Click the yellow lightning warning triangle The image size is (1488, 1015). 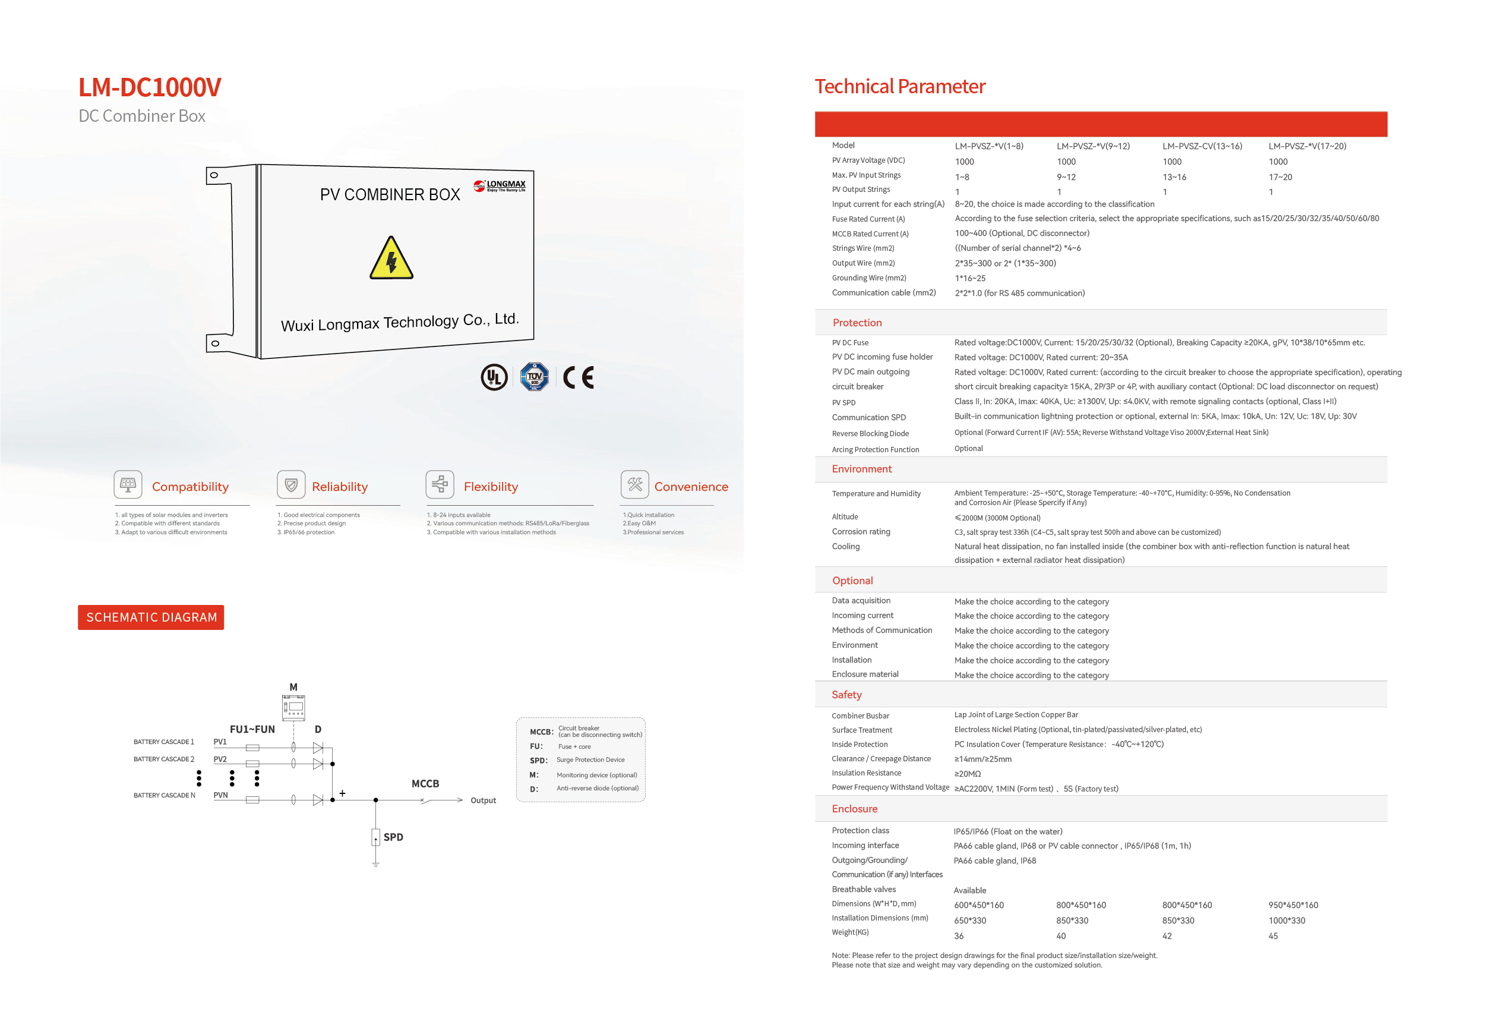click(x=391, y=259)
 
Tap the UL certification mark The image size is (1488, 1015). click(x=494, y=377)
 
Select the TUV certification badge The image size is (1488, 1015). click(x=534, y=377)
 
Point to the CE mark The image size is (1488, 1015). click(x=578, y=378)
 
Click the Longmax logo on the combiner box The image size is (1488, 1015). click(x=500, y=186)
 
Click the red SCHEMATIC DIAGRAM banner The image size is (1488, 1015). click(x=151, y=617)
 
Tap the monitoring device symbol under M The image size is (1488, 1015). click(x=294, y=707)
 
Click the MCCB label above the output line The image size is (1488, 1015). click(x=425, y=784)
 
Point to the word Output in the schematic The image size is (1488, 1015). click(x=483, y=800)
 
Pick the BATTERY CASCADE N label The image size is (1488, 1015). click(x=164, y=795)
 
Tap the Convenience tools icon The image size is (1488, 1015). click(x=634, y=484)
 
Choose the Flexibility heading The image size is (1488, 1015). click(x=491, y=487)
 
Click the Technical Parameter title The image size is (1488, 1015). click(x=899, y=86)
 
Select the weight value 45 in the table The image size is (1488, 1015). click(x=1273, y=935)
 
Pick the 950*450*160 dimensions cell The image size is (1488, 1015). click(x=1293, y=905)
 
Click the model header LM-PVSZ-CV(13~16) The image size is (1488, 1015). click(x=1202, y=146)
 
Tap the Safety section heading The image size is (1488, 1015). click(x=846, y=695)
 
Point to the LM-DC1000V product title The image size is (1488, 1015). click(x=150, y=88)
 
